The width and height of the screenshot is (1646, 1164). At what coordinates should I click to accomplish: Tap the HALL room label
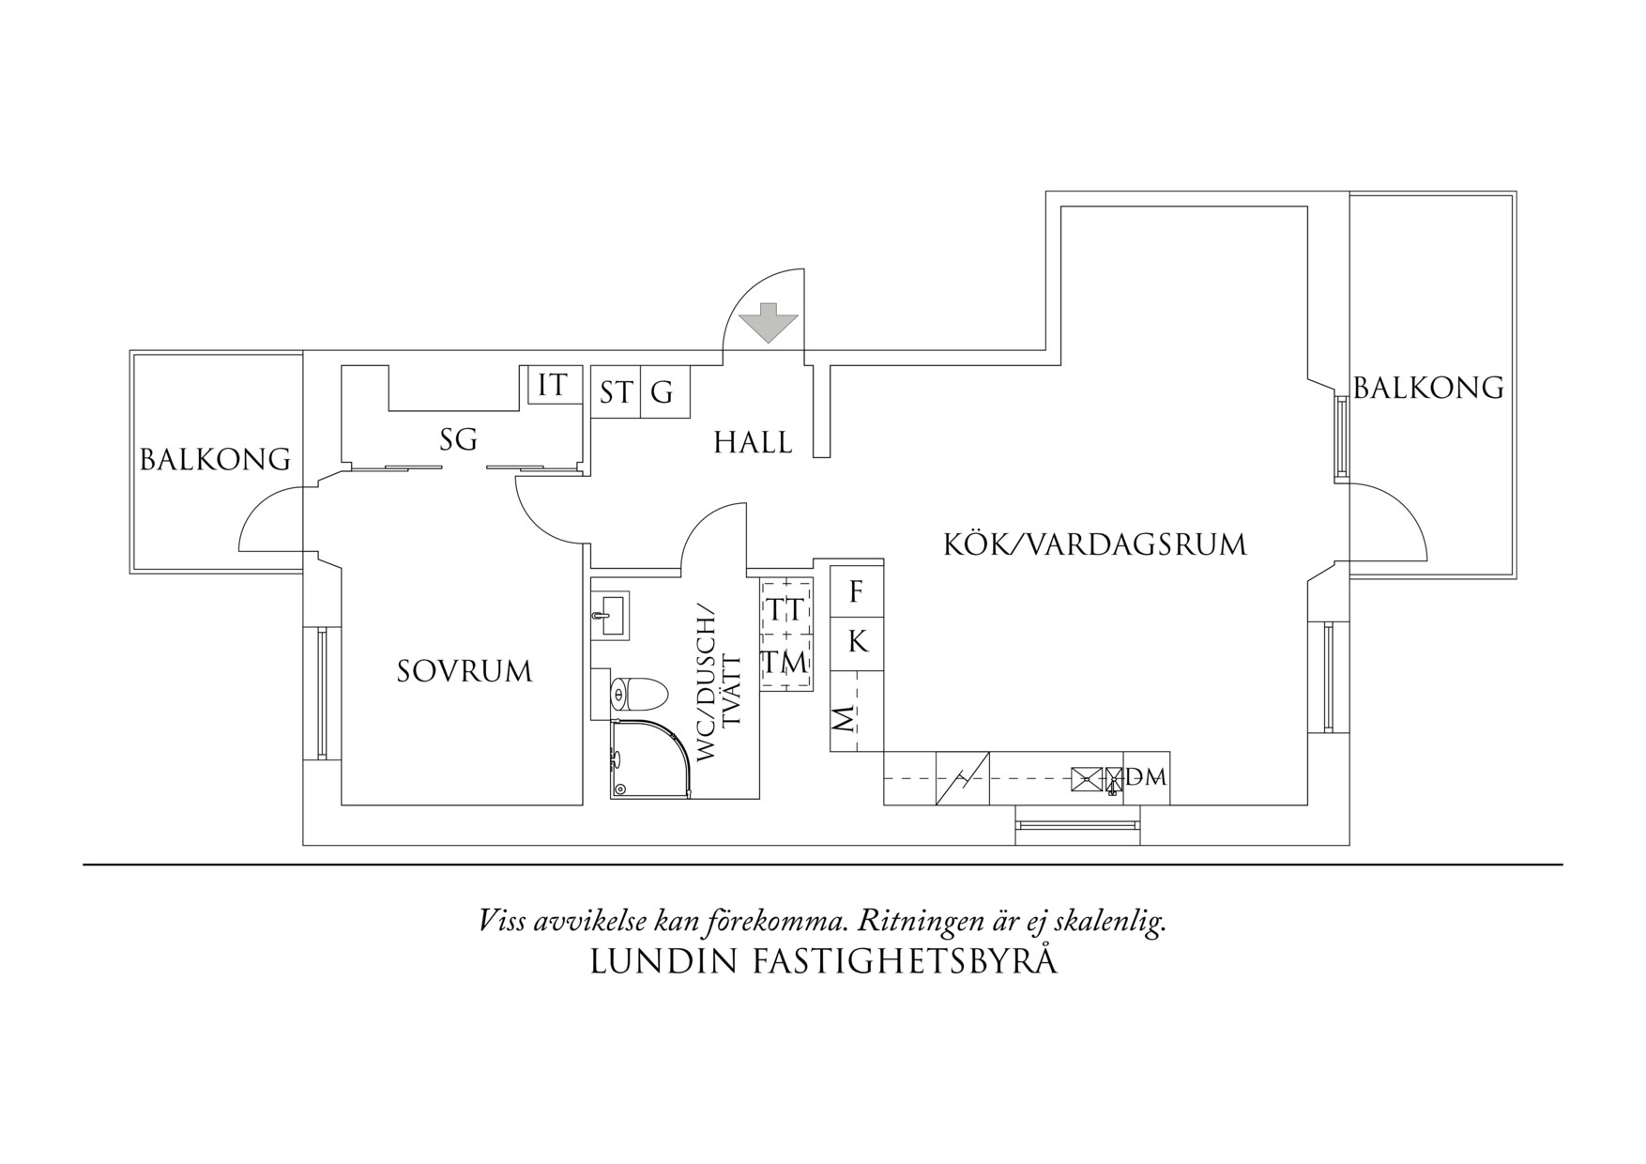(753, 442)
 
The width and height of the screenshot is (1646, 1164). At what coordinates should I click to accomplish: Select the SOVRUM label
(465, 672)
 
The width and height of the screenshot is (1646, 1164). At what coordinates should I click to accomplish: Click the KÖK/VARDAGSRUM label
(1094, 544)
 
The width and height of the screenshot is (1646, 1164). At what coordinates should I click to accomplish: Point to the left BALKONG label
(215, 460)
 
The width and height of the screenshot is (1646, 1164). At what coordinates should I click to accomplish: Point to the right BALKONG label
(1428, 388)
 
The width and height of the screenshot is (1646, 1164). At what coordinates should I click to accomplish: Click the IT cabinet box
(553, 386)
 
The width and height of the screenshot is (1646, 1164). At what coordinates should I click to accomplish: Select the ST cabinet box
(616, 392)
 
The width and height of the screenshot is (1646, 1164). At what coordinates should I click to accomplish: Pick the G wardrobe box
(663, 392)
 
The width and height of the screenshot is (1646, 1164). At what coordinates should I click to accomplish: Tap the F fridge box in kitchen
(856, 592)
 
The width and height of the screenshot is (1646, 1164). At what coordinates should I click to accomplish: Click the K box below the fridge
(857, 643)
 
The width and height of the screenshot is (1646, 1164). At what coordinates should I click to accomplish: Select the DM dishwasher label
(1147, 777)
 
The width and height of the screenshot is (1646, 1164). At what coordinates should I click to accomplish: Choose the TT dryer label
(785, 610)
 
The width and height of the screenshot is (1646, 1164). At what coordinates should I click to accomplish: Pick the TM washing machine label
(785, 663)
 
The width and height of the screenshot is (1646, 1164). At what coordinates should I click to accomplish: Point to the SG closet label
(458, 439)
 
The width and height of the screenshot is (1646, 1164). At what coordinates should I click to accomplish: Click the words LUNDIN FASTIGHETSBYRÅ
(823, 962)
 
